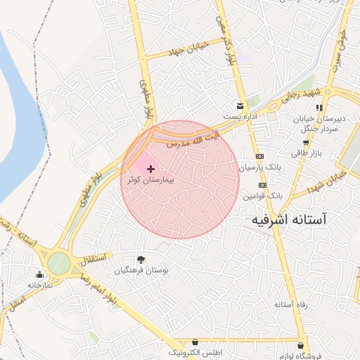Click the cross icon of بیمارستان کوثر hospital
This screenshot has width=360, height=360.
pos(151,169)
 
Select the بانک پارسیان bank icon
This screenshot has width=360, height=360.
pos(259,156)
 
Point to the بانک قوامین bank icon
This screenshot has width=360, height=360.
pos(262,185)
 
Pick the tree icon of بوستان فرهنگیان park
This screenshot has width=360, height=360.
pos(142,259)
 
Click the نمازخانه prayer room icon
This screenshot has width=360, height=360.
pos(39,274)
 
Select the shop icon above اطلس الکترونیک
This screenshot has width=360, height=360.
pos(194,341)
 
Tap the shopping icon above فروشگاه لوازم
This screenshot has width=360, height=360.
pos(302,346)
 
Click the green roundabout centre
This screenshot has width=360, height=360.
pos(58,264)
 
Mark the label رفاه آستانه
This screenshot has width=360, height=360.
pos(290,304)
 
